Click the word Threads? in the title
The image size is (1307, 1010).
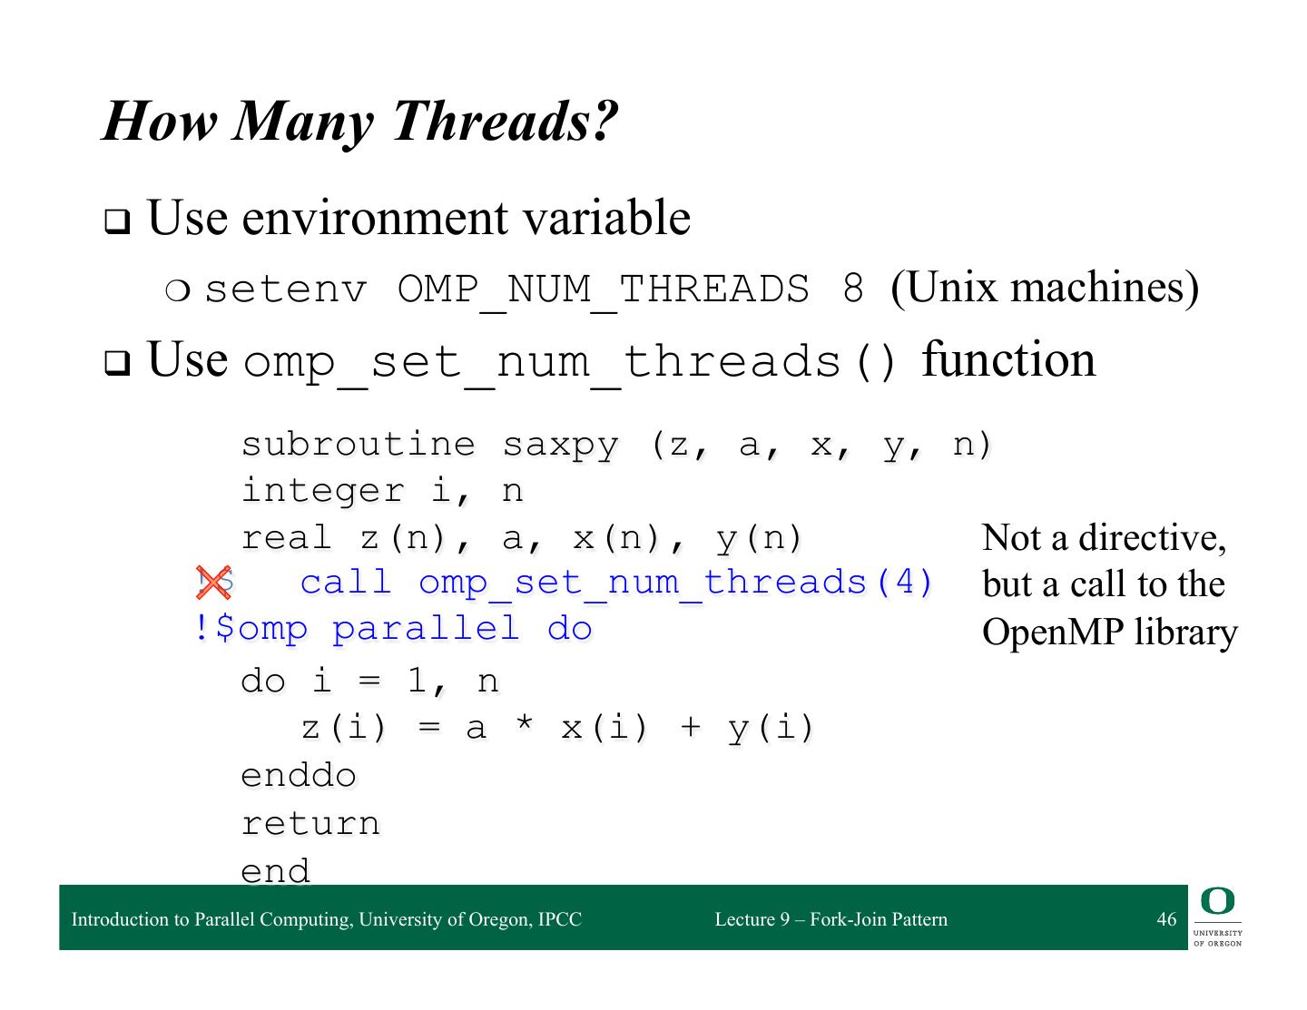tap(506, 122)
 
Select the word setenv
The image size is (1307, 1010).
tap(285, 289)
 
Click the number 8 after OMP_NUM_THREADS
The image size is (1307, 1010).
tap(853, 289)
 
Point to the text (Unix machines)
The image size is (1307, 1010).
tap(1045, 289)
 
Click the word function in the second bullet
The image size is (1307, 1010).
tap(1008, 359)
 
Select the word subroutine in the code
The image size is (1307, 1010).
tap(359, 445)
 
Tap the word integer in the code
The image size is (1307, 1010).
tap(323, 491)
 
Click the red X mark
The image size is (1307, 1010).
tap(213, 582)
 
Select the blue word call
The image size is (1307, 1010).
tap(346, 583)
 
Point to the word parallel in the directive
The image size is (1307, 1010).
tap(426, 630)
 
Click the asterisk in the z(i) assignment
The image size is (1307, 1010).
tap(524, 722)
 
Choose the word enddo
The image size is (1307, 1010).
tap(299, 775)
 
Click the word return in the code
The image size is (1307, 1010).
tap(310, 823)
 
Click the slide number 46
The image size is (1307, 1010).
tap(1166, 918)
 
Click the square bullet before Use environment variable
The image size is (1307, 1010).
tap(117, 221)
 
